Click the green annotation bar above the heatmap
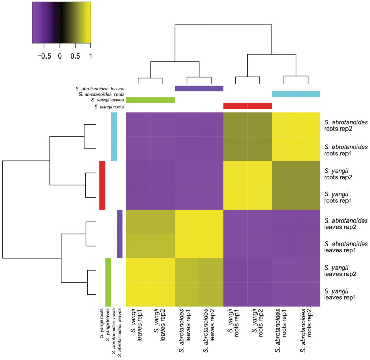151,100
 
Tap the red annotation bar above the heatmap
247,106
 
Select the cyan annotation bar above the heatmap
296,94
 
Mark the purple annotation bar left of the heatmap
119,234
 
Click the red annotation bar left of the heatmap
102,185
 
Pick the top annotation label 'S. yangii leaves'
107,100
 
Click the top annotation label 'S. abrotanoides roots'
97,94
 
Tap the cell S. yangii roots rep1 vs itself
235,198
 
